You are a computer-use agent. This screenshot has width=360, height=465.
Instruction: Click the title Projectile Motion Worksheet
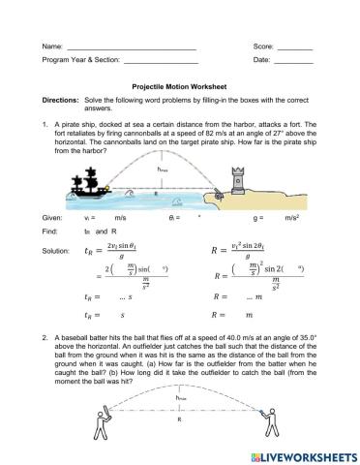pos(179,85)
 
